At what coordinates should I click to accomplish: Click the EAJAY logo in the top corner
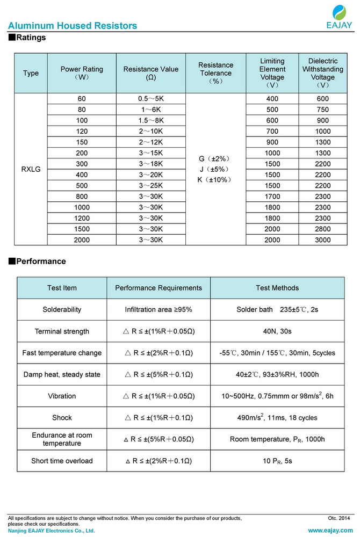pyautogui.click(x=340, y=17)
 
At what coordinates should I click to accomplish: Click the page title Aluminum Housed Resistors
pyautogui.click(x=73, y=26)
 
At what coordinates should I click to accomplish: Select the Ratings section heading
pyautogui.click(x=28, y=38)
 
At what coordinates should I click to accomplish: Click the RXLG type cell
pyautogui.click(x=31, y=169)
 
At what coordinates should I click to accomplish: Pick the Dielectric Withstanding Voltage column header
pyautogui.click(x=322, y=73)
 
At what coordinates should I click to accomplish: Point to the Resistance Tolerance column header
pyautogui.click(x=215, y=73)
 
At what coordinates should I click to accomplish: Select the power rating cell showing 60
pyautogui.click(x=82, y=99)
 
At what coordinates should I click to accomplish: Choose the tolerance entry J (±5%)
pyautogui.click(x=215, y=169)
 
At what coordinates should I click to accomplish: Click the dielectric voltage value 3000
pyautogui.click(x=322, y=240)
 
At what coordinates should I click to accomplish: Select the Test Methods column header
pyautogui.click(x=277, y=288)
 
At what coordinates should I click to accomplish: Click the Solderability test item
pyautogui.click(x=62, y=310)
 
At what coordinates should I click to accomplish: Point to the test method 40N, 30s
pyautogui.click(x=277, y=331)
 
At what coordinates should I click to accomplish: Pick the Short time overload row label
pyautogui.click(x=62, y=461)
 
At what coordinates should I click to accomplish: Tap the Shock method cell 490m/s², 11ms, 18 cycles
pyautogui.click(x=277, y=417)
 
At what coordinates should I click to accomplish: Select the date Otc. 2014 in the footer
pyautogui.click(x=339, y=518)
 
